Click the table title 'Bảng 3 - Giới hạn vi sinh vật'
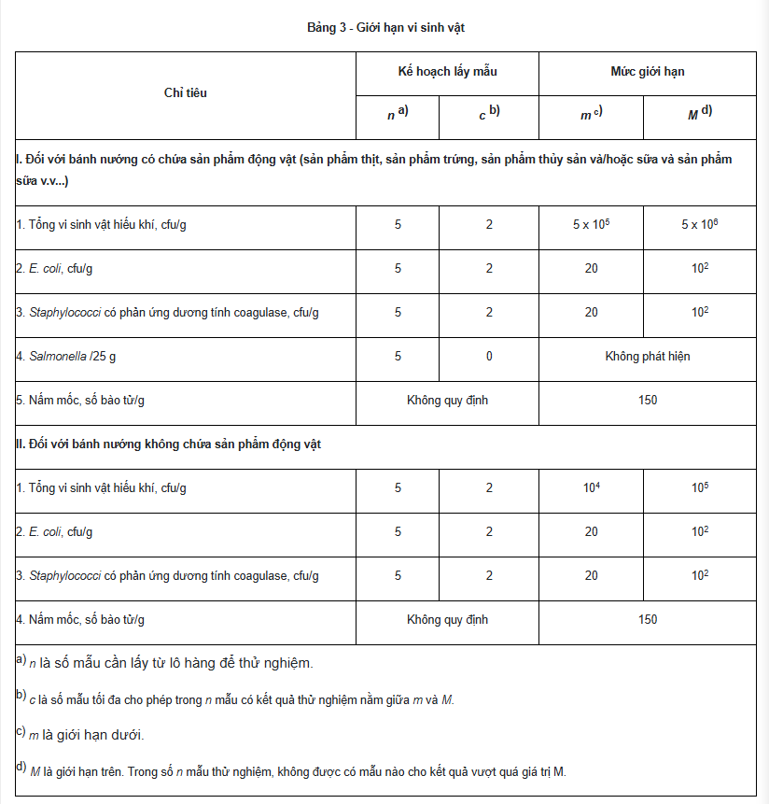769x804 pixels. (385, 28)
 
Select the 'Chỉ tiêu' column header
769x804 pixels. (185, 93)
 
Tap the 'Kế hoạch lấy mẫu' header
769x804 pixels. (446, 72)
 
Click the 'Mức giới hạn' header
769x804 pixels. (647, 72)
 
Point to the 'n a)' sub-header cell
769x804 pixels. (398, 115)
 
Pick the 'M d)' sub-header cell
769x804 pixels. (700, 115)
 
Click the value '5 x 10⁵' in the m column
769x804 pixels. (591, 225)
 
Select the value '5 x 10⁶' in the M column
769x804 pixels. (700, 225)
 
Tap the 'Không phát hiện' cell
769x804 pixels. (647, 357)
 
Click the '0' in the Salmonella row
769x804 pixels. (489, 357)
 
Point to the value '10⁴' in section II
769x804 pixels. (591, 488)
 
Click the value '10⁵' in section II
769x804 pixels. (700, 488)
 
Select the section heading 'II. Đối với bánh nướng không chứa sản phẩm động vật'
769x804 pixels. (168, 444)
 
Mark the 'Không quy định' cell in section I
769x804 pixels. (447, 401)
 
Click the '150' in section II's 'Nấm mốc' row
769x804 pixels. (647, 620)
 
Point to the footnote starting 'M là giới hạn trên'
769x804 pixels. (299, 771)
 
